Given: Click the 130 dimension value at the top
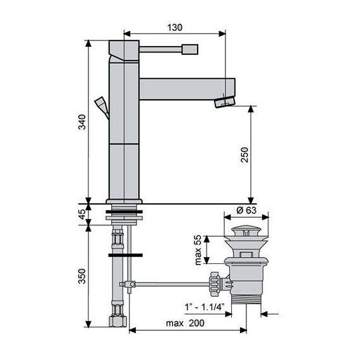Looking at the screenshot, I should point(175,27).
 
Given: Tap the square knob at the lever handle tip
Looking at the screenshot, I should point(189,49).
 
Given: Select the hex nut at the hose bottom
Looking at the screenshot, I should point(118,321).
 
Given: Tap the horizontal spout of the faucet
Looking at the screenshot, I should point(186,87).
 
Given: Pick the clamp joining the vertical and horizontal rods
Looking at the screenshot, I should point(129,285).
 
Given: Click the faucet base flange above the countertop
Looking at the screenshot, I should point(124,202).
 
